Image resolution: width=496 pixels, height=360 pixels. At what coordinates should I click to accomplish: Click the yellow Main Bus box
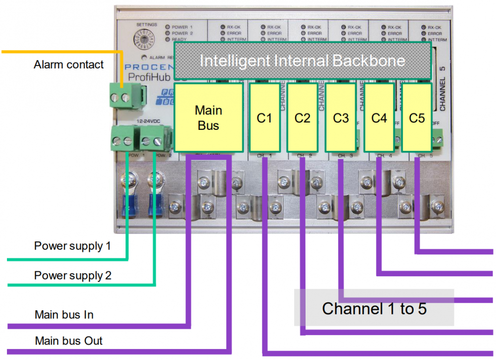(x=208, y=118)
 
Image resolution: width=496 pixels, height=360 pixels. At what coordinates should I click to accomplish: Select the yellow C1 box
(x=264, y=118)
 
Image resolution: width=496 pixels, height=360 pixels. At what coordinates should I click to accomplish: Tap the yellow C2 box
(x=302, y=118)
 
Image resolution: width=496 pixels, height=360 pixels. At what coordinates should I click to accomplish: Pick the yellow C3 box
(x=340, y=118)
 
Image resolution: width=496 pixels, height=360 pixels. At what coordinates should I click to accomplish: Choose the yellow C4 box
(x=378, y=118)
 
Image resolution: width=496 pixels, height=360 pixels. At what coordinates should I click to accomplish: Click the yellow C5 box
(x=417, y=118)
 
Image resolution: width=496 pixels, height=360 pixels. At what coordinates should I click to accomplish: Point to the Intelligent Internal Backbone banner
(x=302, y=61)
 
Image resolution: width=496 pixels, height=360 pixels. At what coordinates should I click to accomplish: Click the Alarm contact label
(x=68, y=64)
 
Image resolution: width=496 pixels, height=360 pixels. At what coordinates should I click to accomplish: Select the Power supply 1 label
(x=72, y=245)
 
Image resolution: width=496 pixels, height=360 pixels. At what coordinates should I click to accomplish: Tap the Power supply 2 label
(x=72, y=275)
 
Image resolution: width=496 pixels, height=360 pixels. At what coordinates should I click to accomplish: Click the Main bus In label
(x=64, y=315)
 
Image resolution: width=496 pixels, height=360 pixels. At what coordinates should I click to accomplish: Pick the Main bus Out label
(x=68, y=341)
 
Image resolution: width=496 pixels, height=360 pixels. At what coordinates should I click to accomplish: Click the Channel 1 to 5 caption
(x=374, y=308)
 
